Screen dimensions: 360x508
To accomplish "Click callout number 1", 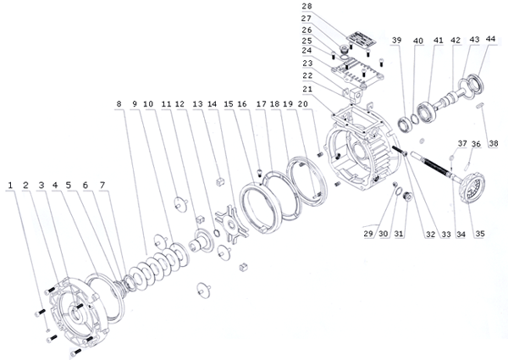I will click(x=10, y=184).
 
